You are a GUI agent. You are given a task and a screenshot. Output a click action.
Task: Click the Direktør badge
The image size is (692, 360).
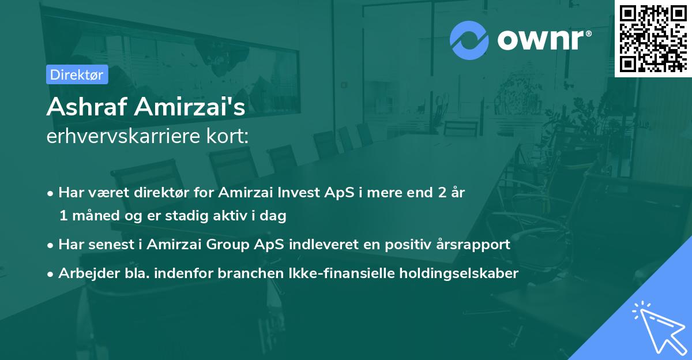point(77,74)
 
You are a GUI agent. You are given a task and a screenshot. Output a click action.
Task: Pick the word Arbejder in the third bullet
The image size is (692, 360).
point(84,273)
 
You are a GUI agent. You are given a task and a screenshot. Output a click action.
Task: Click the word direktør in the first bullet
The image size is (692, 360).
point(149,193)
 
